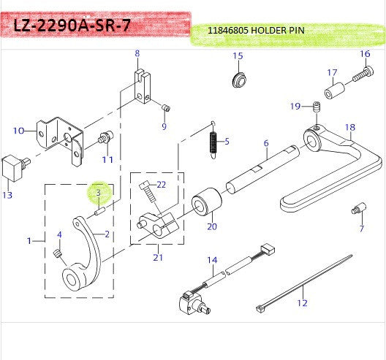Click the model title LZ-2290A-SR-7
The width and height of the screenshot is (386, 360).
(x=72, y=26)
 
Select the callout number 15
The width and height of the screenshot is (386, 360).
(x=238, y=56)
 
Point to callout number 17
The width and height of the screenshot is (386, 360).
(x=331, y=72)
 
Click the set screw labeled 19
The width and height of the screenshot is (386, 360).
(x=317, y=109)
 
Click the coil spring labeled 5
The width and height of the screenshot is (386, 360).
(x=213, y=140)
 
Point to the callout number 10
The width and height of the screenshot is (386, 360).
(x=19, y=131)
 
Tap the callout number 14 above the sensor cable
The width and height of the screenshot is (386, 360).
(x=212, y=259)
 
